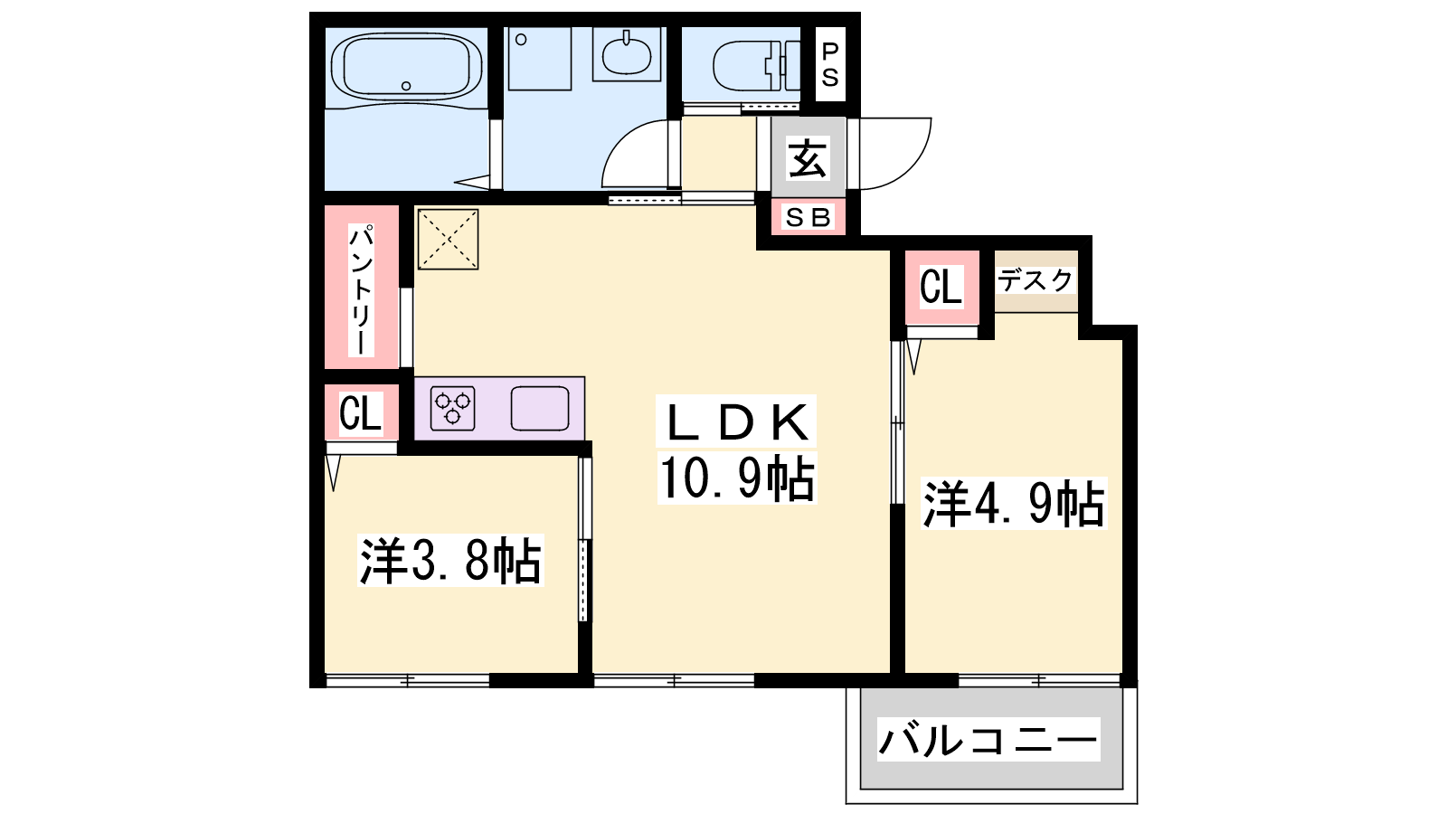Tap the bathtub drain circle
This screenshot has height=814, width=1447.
[x=406, y=86]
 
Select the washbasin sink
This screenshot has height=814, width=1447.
[x=626, y=55]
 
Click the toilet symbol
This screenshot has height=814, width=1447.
[x=756, y=65]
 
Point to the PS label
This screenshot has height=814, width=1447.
[x=830, y=64]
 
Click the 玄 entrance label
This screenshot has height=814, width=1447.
[x=807, y=157]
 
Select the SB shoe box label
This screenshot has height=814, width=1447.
[x=808, y=218]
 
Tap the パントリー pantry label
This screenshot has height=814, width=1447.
[x=361, y=289]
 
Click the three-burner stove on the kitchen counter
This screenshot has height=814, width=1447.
[x=453, y=408]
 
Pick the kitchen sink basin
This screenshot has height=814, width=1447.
[x=540, y=408]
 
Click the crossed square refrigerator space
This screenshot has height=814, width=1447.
[x=449, y=239]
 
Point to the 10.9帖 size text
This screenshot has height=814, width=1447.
[x=736, y=478]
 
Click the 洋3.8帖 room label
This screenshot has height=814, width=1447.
[x=450, y=560]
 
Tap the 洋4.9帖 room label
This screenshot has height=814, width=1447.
[x=1014, y=503]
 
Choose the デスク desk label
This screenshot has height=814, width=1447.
[x=1036, y=280]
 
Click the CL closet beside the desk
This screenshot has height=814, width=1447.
[x=941, y=286]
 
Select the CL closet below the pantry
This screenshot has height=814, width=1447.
[x=361, y=412]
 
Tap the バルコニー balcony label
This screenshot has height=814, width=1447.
[x=988, y=740]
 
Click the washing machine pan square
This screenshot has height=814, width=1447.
[x=540, y=59]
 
